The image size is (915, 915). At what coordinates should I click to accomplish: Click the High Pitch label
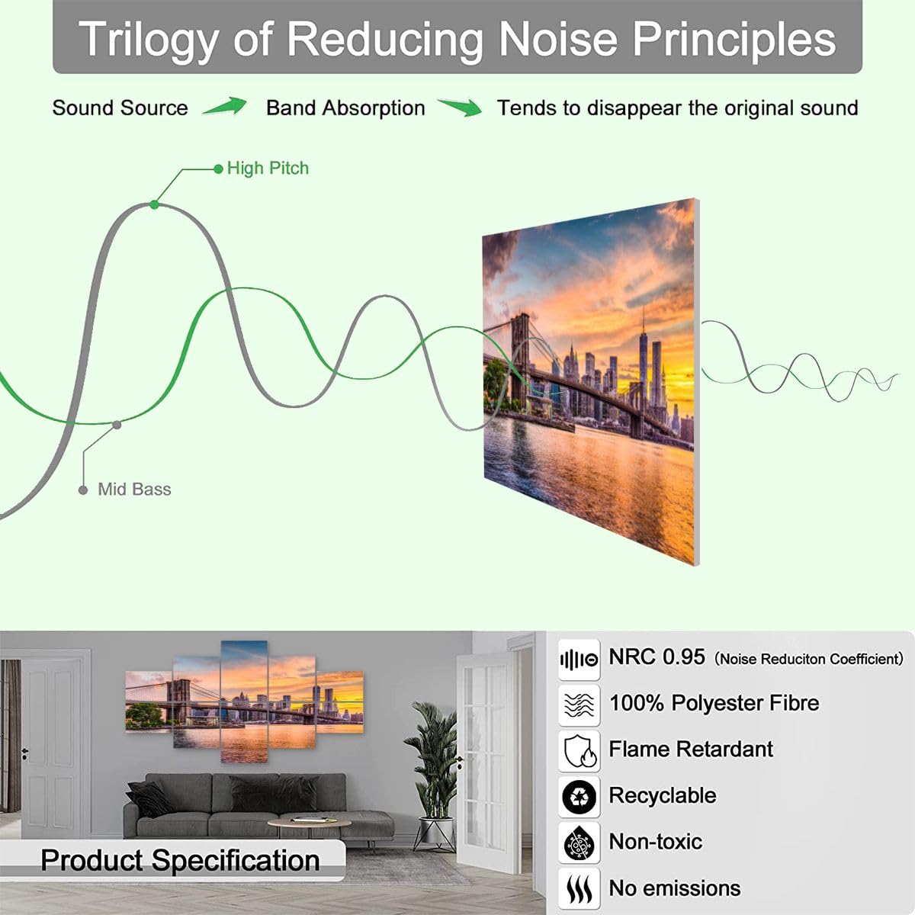point(268,169)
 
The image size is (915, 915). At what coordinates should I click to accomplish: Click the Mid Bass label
point(134,490)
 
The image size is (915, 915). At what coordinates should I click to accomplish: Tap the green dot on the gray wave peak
point(155,204)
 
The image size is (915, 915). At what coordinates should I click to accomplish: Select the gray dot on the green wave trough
point(116,425)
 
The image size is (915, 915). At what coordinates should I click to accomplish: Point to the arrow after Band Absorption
point(460,108)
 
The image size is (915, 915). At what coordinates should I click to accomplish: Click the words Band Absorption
point(345,108)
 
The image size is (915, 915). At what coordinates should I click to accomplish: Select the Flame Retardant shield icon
point(579,751)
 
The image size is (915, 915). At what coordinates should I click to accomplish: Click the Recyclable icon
point(579,798)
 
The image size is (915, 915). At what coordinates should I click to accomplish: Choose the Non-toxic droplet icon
point(579,843)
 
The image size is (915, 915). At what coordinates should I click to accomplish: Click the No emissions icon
point(579,889)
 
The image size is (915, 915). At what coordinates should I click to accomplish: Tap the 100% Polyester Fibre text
point(714,703)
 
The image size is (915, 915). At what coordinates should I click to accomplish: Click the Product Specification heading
point(180,860)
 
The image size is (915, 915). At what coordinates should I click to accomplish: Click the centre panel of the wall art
point(244,701)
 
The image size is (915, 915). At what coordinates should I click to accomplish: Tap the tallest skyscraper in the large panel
point(643,358)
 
